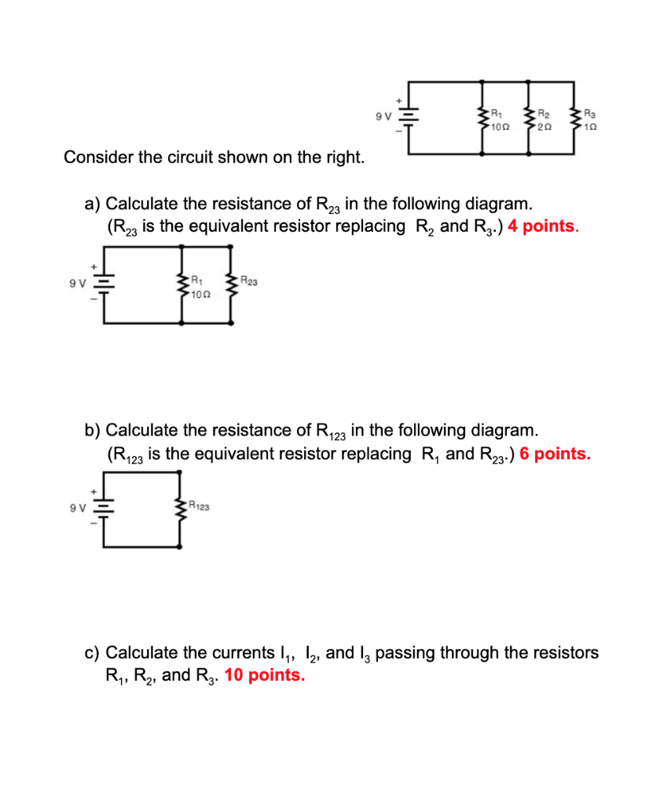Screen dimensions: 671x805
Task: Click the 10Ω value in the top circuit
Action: [x=500, y=127]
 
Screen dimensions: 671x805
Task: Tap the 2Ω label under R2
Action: [x=544, y=127]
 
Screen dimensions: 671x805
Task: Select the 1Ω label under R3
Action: [x=591, y=127]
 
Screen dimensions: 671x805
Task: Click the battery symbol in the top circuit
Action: [x=409, y=118]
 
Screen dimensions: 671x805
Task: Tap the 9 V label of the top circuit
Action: [x=384, y=117]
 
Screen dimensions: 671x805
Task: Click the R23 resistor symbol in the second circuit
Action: [x=232, y=284]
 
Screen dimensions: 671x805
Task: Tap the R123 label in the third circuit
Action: [x=199, y=507]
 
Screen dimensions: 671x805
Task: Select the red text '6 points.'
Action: [x=555, y=454]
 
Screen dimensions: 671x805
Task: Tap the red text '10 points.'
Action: [x=265, y=675]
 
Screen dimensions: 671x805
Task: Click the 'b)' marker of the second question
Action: [x=93, y=430]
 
